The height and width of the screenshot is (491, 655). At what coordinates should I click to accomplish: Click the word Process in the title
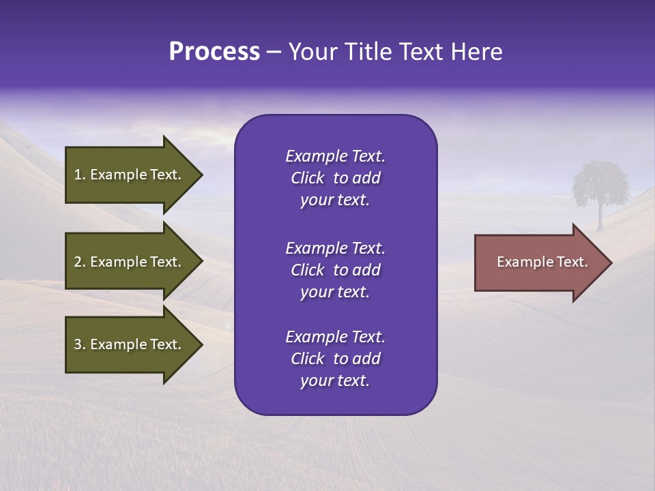(214, 52)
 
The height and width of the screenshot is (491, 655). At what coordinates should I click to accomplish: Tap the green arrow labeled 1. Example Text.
(130, 175)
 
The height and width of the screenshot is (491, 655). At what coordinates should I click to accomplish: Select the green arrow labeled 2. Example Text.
(130, 262)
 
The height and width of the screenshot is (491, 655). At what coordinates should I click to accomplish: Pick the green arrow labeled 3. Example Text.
(130, 344)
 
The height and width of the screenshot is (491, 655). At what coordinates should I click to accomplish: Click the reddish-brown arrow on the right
(539, 263)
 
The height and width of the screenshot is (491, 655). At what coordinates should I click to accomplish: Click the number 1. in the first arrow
(80, 175)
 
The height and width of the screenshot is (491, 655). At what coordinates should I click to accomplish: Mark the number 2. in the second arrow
(80, 262)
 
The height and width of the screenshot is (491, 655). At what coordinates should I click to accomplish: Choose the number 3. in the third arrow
(80, 344)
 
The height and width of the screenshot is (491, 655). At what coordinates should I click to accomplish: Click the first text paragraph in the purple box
(335, 178)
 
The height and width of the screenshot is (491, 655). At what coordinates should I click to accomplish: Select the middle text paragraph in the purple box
(335, 270)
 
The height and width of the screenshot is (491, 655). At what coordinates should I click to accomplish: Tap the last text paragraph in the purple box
(335, 359)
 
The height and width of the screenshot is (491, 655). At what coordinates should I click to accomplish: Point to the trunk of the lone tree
(600, 218)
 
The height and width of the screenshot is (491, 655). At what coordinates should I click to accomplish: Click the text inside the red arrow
(542, 262)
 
